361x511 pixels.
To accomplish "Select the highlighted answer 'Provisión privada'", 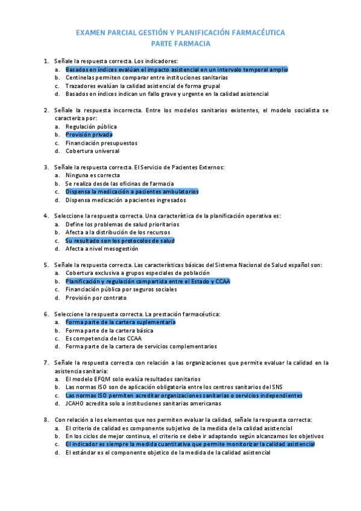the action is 89,135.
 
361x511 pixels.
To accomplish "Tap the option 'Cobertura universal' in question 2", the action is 92,151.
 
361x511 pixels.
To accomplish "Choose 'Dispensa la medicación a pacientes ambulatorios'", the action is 132,192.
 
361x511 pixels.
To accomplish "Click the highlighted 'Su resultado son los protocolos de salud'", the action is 120,240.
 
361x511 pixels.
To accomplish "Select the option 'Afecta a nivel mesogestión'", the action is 102,248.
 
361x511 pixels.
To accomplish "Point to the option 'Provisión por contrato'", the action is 96,298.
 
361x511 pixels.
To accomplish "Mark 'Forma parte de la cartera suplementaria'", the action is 121,322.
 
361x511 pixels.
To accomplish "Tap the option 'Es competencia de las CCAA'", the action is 104,338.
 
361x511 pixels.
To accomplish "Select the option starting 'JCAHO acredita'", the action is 143,403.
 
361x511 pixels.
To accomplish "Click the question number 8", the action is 46,419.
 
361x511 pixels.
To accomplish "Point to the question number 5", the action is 46,265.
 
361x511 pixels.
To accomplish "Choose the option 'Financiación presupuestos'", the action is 101,143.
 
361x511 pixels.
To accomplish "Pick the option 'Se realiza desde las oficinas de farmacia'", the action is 119,183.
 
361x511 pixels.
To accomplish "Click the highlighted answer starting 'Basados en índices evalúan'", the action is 177,69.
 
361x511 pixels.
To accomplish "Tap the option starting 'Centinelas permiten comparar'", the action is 146,78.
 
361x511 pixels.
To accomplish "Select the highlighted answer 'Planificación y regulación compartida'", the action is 148,281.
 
